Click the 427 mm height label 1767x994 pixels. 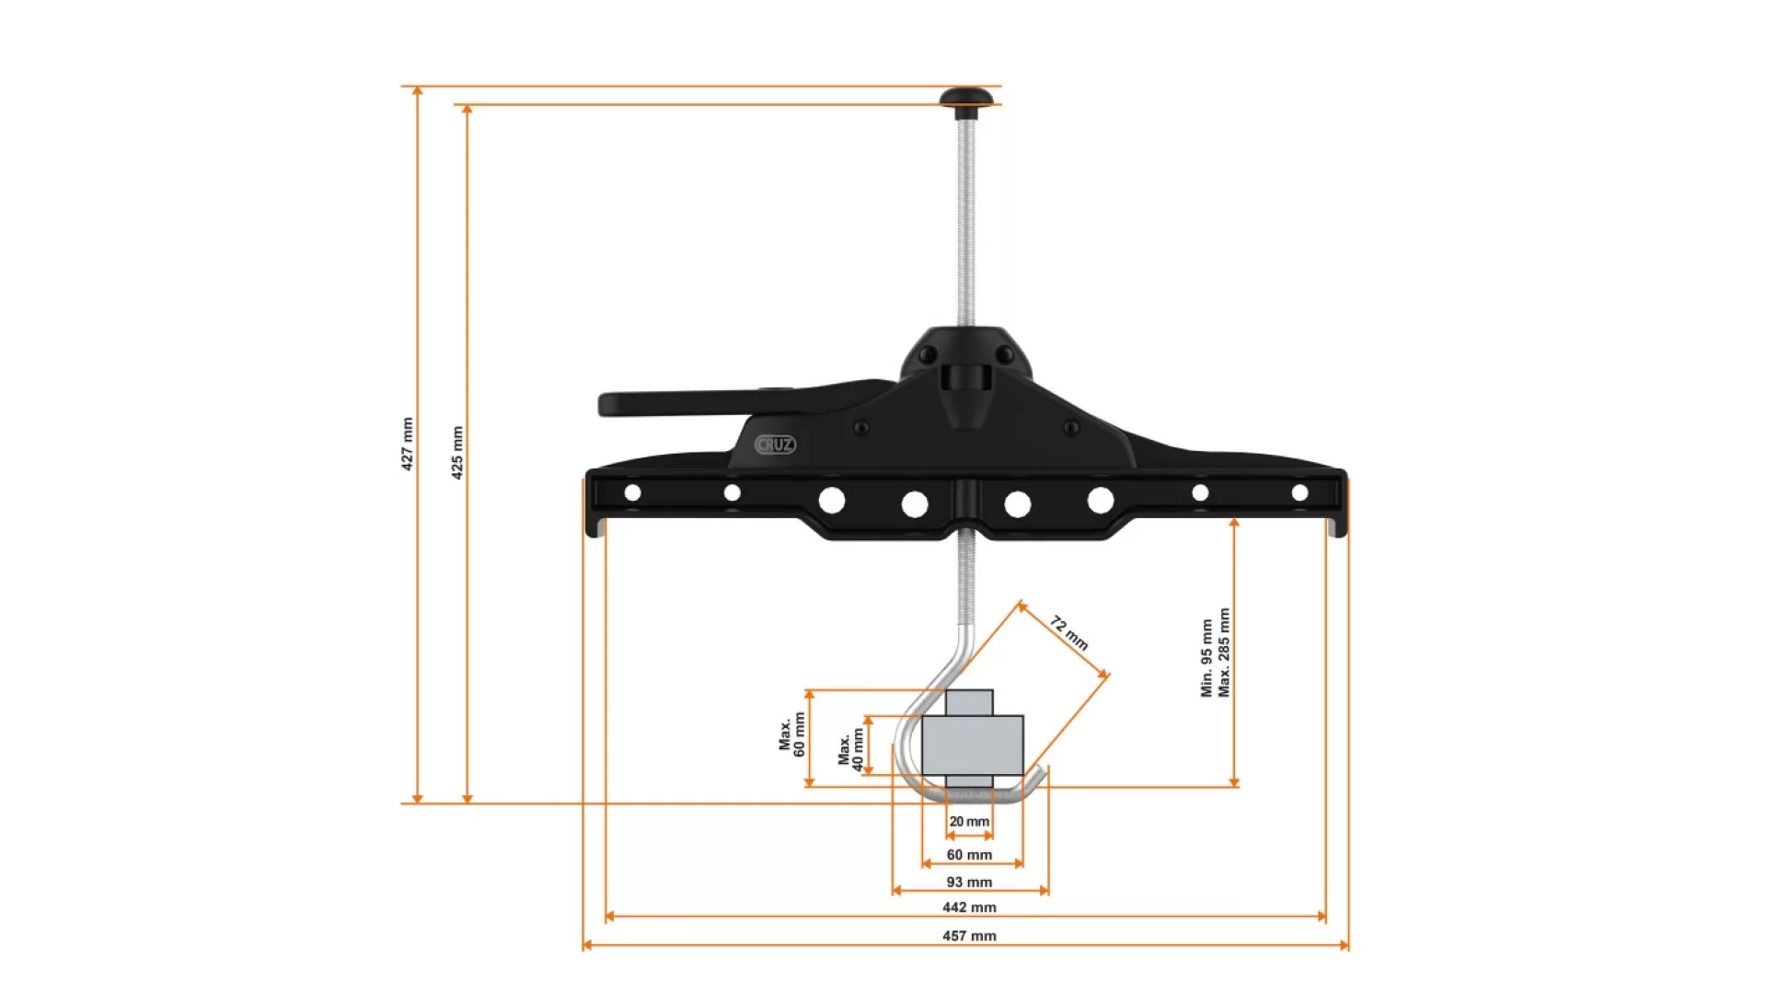407,444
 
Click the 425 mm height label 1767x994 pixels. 457,452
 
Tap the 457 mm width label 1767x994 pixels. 969,936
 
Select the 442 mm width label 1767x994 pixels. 969,907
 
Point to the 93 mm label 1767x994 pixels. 969,882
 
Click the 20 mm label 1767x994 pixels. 969,822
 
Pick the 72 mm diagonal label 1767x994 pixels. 1069,633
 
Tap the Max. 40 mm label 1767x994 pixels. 850,749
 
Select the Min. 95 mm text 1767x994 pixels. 1207,657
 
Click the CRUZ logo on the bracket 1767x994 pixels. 775,445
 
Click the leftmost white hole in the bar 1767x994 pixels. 632,493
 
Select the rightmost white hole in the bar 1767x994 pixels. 1299,493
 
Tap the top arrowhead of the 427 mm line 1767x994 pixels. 418,91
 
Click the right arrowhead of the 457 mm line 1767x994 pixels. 1345,945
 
